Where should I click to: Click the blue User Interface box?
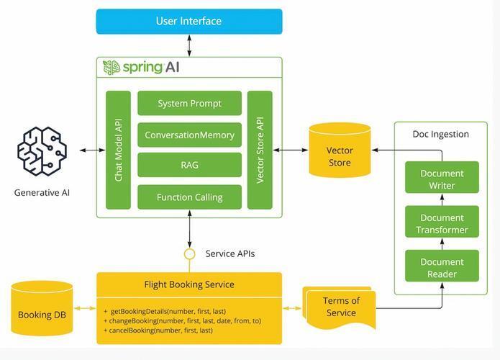tap(189, 22)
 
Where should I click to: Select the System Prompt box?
tap(189, 103)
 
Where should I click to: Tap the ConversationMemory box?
tap(189, 135)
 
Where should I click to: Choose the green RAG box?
tap(189, 165)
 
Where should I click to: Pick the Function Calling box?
tap(189, 197)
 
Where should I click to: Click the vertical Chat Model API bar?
tap(118, 150)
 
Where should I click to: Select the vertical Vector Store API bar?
tap(260, 150)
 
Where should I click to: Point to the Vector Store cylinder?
tap(340, 150)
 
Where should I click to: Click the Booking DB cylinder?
tap(42, 308)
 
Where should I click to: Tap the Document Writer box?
tap(442, 177)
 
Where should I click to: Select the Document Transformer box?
tap(442, 222)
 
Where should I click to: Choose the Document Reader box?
tap(442, 266)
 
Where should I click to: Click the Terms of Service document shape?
tap(340, 307)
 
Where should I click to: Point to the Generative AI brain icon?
tap(42, 151)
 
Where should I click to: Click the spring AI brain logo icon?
tap(112, 68)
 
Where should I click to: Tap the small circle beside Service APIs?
tap(190, 254)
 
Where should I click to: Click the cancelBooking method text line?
tap(158, 330)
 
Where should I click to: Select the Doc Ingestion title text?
tap(441, 134)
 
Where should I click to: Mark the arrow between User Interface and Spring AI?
tap(189, 45)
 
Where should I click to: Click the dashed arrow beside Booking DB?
tap(85, 308)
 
